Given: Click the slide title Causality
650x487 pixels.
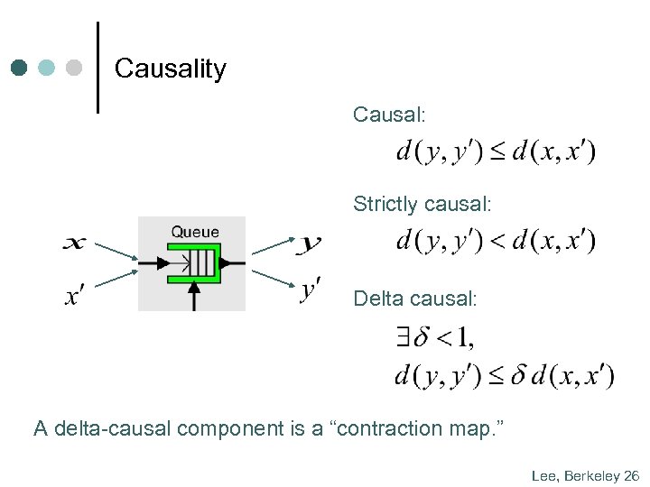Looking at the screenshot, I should click(x=171, y=69).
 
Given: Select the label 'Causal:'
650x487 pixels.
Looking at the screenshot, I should click(x=389, y=115).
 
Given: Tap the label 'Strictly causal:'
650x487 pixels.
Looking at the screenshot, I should click(x=422, y=205).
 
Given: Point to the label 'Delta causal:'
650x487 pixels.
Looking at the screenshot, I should click(x=414, y=298).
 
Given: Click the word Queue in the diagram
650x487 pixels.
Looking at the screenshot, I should click(x=195, y=232).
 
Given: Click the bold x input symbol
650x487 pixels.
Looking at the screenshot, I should click(x=76, y=243).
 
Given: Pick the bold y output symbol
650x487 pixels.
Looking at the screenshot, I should click(x=311, y=243).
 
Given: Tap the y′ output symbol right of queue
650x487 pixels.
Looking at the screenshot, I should click(x=311, y=290).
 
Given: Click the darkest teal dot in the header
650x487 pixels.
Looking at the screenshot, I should click(x=20, y=68).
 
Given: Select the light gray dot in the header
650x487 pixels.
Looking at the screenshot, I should click(x=75, y=68).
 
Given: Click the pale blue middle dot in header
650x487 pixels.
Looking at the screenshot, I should click(x=47, y=68).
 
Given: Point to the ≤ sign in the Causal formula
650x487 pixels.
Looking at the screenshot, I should click(x=497, y=152).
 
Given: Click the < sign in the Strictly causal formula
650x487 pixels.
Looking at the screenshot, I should click(x=497, y=241).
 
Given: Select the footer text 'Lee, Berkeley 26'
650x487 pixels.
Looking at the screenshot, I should click(x=585, y=475).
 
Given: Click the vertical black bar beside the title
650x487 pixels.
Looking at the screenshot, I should click(x=97, y=68).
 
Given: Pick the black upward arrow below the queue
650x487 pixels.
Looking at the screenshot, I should click(x=194, y=298).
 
